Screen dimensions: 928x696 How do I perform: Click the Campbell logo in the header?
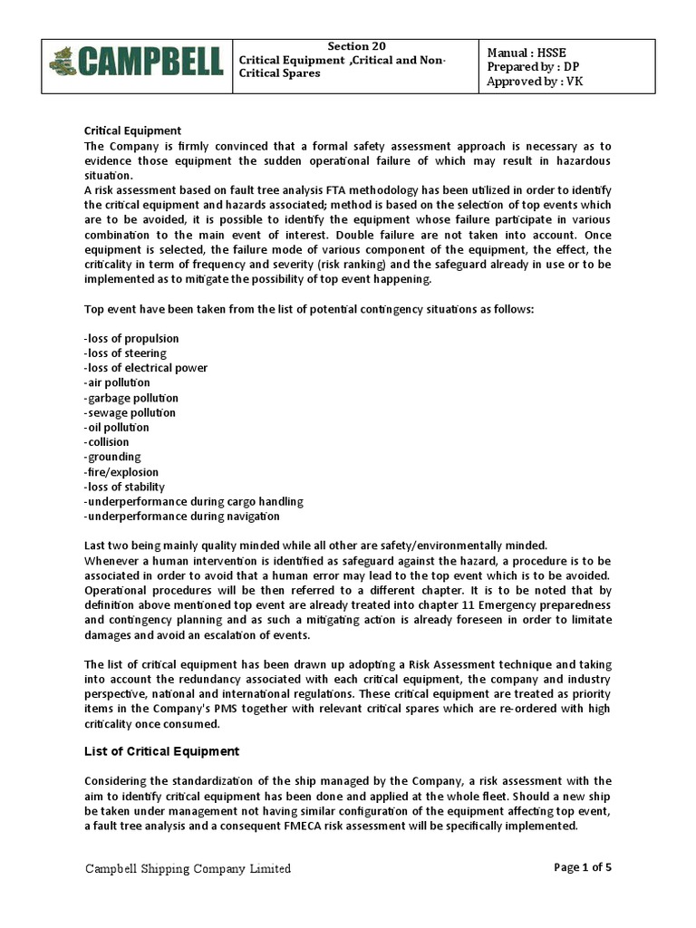point(135,63)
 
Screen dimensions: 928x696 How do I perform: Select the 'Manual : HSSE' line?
point(527,52)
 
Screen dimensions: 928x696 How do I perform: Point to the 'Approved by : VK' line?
point(536,82)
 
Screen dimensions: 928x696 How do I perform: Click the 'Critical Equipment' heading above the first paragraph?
point(132,130)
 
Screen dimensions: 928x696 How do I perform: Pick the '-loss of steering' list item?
point(125,353)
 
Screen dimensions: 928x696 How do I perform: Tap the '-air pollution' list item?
point(117,382)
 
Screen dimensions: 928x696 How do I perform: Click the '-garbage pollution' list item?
point(130,398)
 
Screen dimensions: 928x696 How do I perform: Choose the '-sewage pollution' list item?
point(130,412)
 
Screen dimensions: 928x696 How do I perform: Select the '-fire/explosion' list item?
point(121,472)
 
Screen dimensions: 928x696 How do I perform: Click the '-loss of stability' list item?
point(124,487)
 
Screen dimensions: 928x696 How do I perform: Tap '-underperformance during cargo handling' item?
point(193,501)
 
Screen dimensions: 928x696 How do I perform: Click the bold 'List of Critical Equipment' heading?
point(161,751)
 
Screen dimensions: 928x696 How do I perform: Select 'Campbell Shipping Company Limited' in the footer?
point(188,868)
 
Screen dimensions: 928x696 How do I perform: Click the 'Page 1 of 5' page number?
point(583,867)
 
